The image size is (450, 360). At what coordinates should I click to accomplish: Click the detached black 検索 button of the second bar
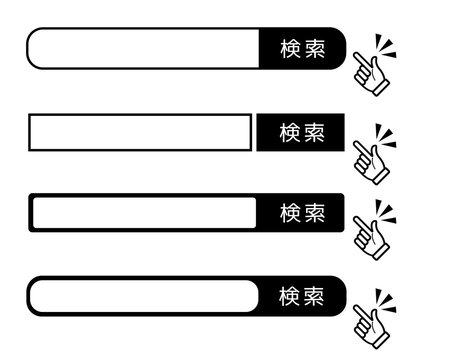tap(301, 132)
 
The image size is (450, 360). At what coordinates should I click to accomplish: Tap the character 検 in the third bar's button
tap(290, 213)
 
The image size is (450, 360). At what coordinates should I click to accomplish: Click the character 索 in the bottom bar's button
tap(314, 296)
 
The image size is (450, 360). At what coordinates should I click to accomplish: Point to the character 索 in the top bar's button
tap(314, 49)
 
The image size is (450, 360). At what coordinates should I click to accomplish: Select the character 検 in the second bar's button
tap(290, 132)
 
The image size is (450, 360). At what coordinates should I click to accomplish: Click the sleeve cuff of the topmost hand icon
tap(381, 90)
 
